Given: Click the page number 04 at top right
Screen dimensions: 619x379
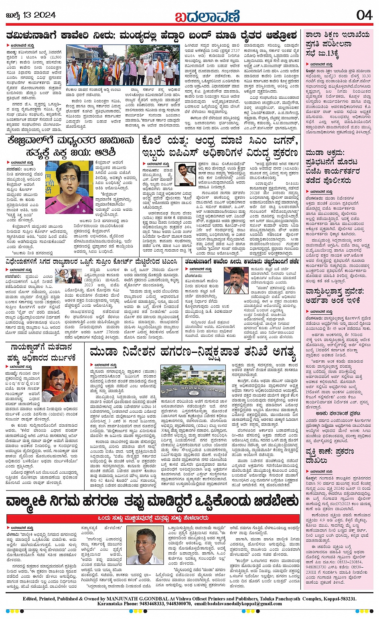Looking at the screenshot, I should pos(364,15).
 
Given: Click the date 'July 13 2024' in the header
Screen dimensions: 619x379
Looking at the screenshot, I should pos(30,15).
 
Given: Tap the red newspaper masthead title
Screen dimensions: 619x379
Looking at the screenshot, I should pos(207,16).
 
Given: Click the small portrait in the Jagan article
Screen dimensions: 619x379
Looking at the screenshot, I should pos(185,173).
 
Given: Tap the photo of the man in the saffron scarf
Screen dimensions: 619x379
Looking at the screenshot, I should pos(60,384).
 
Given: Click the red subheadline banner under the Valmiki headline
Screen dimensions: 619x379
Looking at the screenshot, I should pos(153,518).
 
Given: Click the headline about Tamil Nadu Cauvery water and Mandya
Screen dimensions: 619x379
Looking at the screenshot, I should pos(152,35).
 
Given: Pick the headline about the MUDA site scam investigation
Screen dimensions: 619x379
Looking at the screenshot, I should pos(193,352).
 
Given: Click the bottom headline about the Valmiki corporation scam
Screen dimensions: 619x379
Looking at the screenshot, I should pos(152,502).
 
